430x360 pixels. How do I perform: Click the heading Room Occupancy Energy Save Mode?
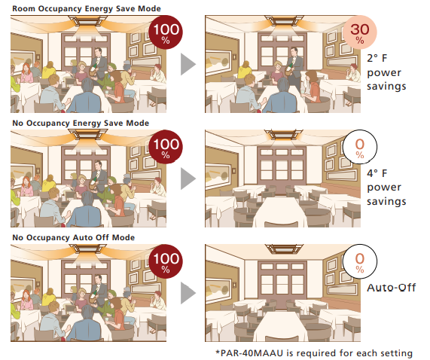(x=87, y=8)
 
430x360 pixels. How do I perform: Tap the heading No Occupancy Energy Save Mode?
(x=81, y=123)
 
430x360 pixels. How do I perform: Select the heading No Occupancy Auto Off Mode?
(x=74, y=237)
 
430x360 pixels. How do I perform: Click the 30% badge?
(x=360, y=32)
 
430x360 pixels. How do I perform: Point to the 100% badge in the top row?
(x=166, y=32)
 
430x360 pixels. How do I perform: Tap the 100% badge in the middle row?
(x=166, y=147)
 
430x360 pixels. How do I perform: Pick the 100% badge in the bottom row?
(x=166, y=261)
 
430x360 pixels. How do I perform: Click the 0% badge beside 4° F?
(x=360, y=147)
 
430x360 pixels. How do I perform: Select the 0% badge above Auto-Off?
(x=360, y=261)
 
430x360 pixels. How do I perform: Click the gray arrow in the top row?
(x=188, y=64)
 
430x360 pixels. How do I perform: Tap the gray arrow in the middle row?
(x=188, y=178)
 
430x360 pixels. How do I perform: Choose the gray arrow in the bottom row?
(x=188, y=294)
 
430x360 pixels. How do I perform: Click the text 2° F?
(x=377, y=58)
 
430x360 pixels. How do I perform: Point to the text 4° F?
(x=377, y=173)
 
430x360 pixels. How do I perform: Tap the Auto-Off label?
(x=392, y=288)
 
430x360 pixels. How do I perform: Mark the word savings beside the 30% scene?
(x=386, y=87)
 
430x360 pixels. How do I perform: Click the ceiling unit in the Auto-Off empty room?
(x=284, y=249)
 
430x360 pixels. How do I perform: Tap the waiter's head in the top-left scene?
(x=98, y=52)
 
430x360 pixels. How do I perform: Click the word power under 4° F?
(x=384, y=188)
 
